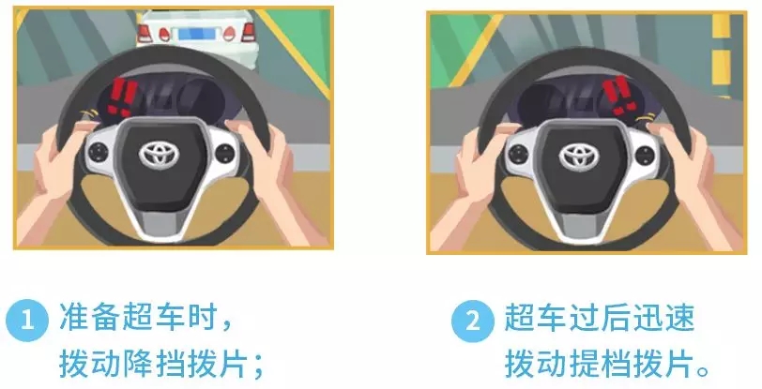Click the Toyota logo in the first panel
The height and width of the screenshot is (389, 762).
(x=160, y=155)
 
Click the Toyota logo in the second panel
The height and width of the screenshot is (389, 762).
(x=579, y=157)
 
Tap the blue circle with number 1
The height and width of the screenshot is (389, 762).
(x=27, y=321)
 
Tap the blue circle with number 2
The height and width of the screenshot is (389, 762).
(x=473, y=321)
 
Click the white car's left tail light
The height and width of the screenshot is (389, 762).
(x=145, y=33)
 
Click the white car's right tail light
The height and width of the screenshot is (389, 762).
(x=249, y=33)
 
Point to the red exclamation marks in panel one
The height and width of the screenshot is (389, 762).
(x=121, y=97)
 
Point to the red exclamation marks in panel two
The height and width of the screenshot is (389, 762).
(x=619, y=96)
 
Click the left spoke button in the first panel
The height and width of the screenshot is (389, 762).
(x=99, y=153)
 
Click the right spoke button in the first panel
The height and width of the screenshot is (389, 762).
(x=225, y=154)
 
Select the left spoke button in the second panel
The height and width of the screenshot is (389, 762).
(x=520, y=155)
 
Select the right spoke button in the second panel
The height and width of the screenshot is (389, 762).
(x=645, y=156)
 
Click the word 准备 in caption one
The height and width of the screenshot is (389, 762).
(x=89, y=318)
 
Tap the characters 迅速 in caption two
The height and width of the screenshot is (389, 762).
(x=663, y=318)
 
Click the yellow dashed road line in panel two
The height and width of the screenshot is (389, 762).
(x=721, y=53)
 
